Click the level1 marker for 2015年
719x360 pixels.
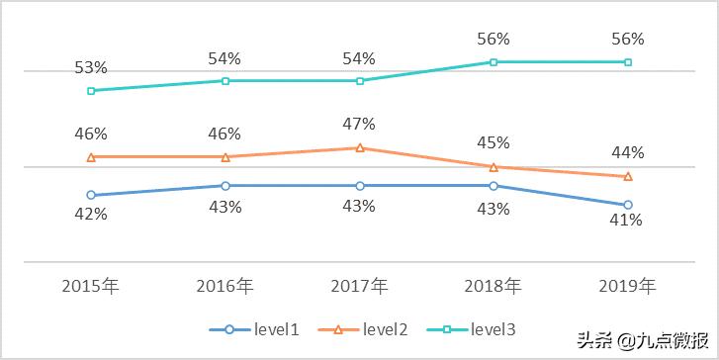click(91, 195)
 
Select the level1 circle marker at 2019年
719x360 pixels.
click(628, 205)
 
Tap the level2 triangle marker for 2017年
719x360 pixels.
click(360, 147)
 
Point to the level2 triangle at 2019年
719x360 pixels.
click(628, 176)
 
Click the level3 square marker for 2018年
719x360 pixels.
click(494, 61)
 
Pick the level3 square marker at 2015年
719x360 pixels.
click(91, 90)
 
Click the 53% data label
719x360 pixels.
click(91, 67)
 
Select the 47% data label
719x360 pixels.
click(359, 124)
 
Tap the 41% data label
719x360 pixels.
click(626, 221)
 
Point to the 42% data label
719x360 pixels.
click(91, 214)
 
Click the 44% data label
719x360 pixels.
click(628, 152)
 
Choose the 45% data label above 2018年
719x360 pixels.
click(494, 141)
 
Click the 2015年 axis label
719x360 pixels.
click(91, 286)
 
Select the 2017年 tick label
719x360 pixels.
click(359, 286)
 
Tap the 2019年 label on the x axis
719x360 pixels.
click(627, 286)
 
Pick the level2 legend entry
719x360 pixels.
click(370, 329)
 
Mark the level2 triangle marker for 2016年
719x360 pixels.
click(225, 156)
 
